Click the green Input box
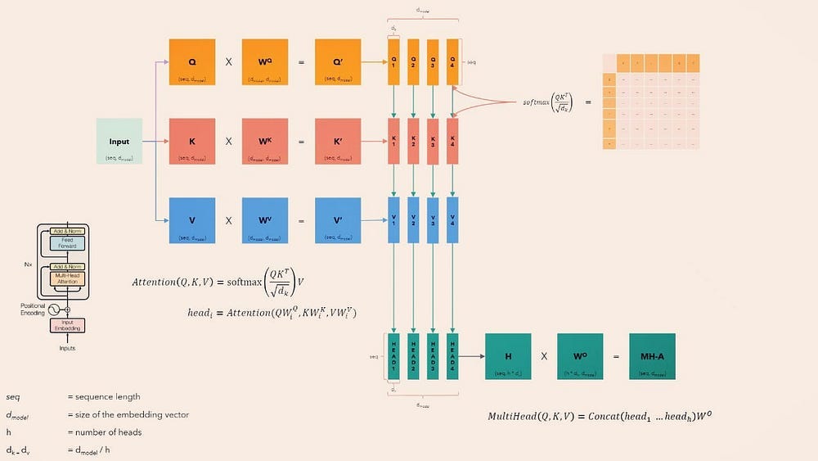click(119, 141)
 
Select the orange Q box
click(192, 61)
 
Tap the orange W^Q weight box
click(265, 61)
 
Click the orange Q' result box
click(338, 61)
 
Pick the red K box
click(192, 141)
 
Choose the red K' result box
click(338, 141)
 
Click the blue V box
click(192, 220)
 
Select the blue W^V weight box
click(265, 220)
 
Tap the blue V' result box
click(338, 220)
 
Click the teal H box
click(508, 356)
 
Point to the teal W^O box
click(581, 356)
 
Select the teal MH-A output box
click(653, 356)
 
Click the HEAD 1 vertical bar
click(394, 356)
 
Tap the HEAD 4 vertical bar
click(452, 356)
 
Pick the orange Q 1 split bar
click(394, 61)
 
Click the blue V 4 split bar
click(452, 220)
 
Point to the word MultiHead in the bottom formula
click(513, 416)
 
